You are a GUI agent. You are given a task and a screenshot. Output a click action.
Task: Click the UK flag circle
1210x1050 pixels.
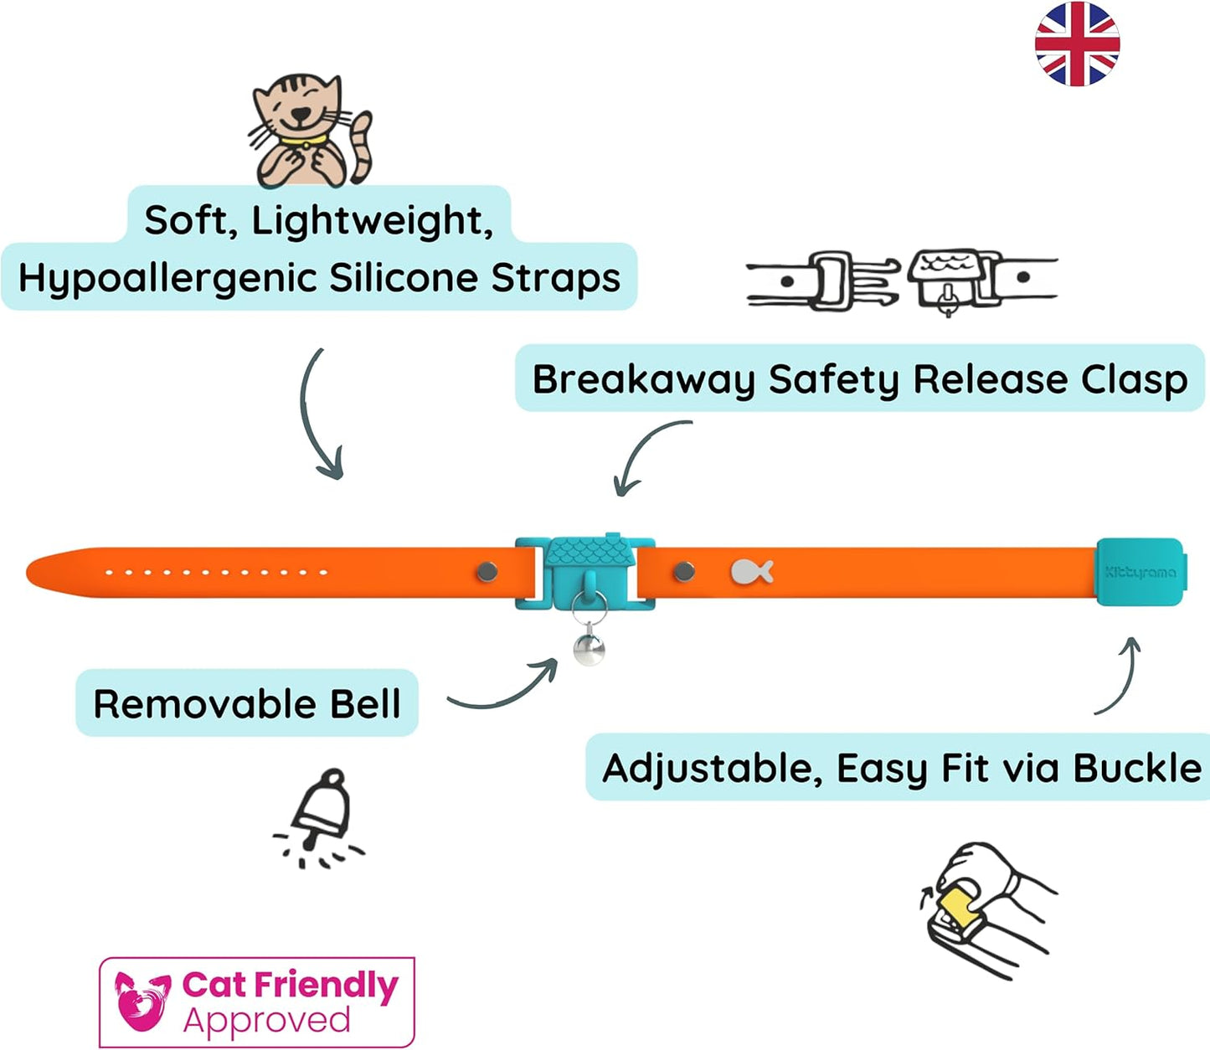click(x=1077, y=44)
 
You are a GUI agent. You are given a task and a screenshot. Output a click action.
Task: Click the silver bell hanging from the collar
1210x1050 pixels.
click(x=590, y=648)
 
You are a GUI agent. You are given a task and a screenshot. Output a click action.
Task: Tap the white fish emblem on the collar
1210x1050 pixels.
click(x=751, y=572)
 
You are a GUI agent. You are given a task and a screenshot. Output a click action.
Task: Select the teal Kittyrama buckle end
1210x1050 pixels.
click(x=1139, y=572)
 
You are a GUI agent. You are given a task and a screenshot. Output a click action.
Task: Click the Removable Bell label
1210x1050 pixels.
click(x=247, y=703)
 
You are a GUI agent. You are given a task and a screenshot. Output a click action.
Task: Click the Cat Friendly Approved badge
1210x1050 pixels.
click(x=257, y=1002)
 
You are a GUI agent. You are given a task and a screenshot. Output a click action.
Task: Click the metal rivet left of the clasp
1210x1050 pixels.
click(x=487, y=572)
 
